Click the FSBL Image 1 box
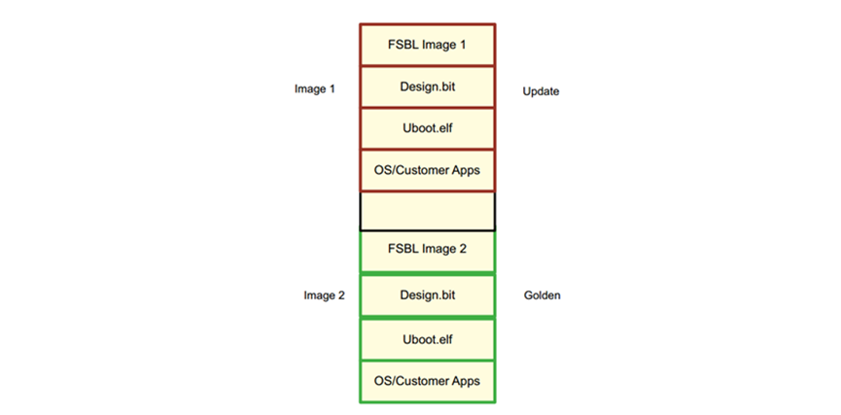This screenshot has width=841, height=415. [x=427, y=45]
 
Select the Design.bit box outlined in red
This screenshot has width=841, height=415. [x=427, y=86]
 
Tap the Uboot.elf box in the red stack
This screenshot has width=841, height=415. [x=427, y=128]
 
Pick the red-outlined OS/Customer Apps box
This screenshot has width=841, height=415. [x=427, y=170]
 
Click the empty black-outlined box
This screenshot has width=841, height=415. [x=427, y=211]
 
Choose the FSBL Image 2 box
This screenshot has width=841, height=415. [x=427, y=252]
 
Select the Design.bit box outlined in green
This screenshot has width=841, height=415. [x=427, y=295]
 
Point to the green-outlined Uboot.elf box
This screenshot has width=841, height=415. [x=427, y=339]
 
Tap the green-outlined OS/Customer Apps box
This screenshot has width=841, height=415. [x=427, y=381]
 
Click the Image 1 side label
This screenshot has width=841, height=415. [x=315, y=89]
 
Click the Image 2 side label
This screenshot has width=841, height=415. [x=324, y=295]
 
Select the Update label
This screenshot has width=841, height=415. [x=541, y=91]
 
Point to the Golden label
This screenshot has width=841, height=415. [x=542, y=295]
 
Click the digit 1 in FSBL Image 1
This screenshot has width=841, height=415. [x=463, y=45]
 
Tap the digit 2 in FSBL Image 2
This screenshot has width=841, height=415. [x=463, y=249]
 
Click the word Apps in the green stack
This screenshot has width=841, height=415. [x=468, y=382]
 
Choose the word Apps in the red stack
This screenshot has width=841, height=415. [x=468, y=171]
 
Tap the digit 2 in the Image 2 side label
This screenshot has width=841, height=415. [x=341, y=295]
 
